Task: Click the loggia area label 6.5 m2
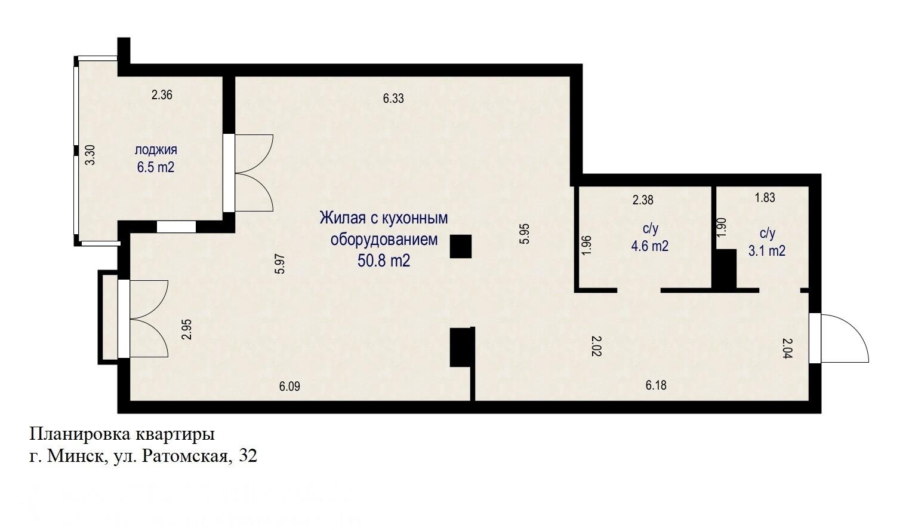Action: click(x=156, y=167)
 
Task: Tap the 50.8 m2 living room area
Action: click(x=384, y=261)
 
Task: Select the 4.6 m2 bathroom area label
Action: click(x=650, y=246)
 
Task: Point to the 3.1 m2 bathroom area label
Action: click(x=767, y=251)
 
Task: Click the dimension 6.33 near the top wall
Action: click(x=393, y=99)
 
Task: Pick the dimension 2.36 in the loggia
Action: click(x=162, y=94)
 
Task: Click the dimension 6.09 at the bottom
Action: click(x=289, y=387)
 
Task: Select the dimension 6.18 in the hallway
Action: click(x=656, y=385)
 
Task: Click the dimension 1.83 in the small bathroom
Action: click(x=765, y=198)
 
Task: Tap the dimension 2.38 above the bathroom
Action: click(x=643, y=200)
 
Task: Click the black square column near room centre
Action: click(x=460, y=246)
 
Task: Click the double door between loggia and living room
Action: click(x=251, y=173)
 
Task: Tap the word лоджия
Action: click(x=156, y=150)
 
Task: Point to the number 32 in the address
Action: click(x=248, y=457)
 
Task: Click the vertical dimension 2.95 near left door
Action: click(x=187, y=329)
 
